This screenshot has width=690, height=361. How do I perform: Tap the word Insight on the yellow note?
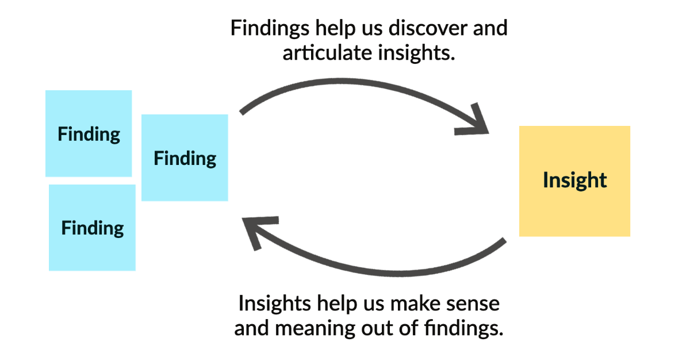point(574,180)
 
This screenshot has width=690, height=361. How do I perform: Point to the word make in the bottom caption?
point(415,304)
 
